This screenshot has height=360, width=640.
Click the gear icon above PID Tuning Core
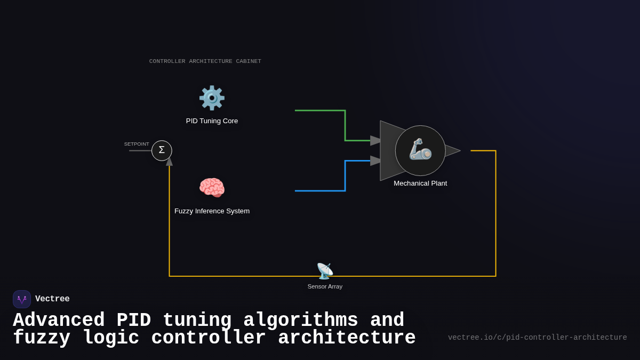pos(212,98)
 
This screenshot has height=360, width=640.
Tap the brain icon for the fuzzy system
pos(212,188)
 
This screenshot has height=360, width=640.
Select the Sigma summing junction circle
pos(162,150)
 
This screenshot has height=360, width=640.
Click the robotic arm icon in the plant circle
pos(420,149)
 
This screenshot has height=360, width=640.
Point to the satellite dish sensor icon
pos(325,271)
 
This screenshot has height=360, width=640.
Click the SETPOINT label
pos(137,144)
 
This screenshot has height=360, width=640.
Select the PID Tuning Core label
pos(212,121)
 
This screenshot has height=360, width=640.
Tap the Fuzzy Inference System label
pos(212,211)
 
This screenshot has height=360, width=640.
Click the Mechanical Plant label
pos(420,183)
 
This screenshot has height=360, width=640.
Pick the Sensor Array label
pos(325,286)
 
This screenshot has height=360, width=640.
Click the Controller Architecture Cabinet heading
pos(205,61)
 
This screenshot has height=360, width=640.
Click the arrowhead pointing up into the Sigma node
pos(170,162)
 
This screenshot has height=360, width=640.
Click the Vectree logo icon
pos(22,299)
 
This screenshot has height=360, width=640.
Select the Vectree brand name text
pos(52,299)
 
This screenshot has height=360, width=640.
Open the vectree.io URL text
pos(537,338)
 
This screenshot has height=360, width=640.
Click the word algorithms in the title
pos(300,321)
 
